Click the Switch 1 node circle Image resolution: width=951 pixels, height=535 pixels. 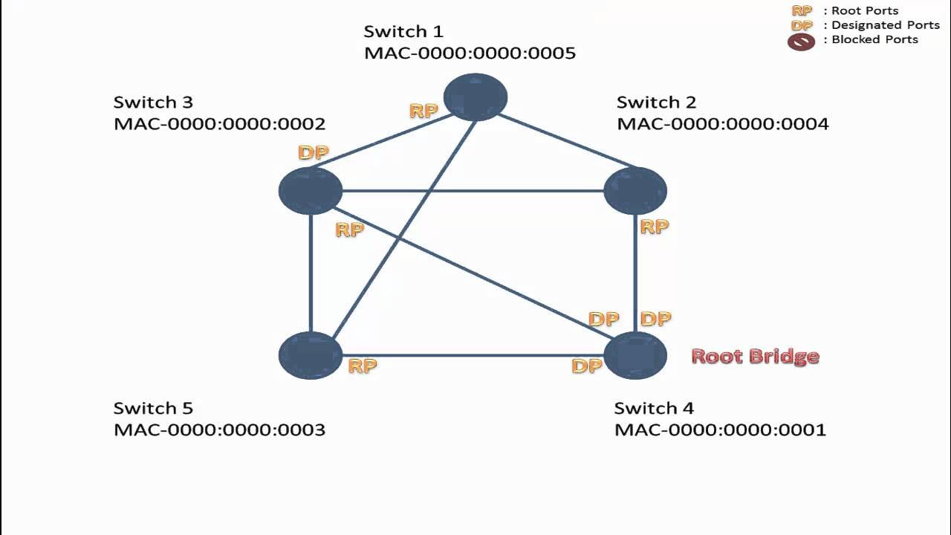point(475,97)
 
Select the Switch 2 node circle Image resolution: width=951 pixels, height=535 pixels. point(635,191)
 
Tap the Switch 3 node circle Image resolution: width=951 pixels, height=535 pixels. point(311,191)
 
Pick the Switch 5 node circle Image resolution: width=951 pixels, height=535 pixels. point(311,355)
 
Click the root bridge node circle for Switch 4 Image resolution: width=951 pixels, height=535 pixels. point(635,355)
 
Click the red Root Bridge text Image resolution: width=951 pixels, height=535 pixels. point(755,357)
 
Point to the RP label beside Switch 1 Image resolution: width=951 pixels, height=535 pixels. point(423,111)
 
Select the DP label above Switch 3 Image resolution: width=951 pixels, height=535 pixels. point(313,153)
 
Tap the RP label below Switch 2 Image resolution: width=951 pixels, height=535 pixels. point(654,227)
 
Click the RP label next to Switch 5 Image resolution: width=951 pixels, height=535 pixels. point(363,366)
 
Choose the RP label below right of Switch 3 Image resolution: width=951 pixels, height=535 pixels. point(349,230)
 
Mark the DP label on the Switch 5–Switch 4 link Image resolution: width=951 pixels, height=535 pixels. point(586,366)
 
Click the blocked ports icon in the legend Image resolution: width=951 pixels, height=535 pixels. point(801,42)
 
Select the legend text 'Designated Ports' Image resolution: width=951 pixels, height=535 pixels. point(886,25)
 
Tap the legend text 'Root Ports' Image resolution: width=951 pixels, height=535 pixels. point(865,11)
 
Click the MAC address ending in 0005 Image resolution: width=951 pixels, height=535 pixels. point(470,53)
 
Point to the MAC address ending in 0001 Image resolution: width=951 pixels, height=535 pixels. point(720,429)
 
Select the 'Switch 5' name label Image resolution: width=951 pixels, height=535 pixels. point(153,408)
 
